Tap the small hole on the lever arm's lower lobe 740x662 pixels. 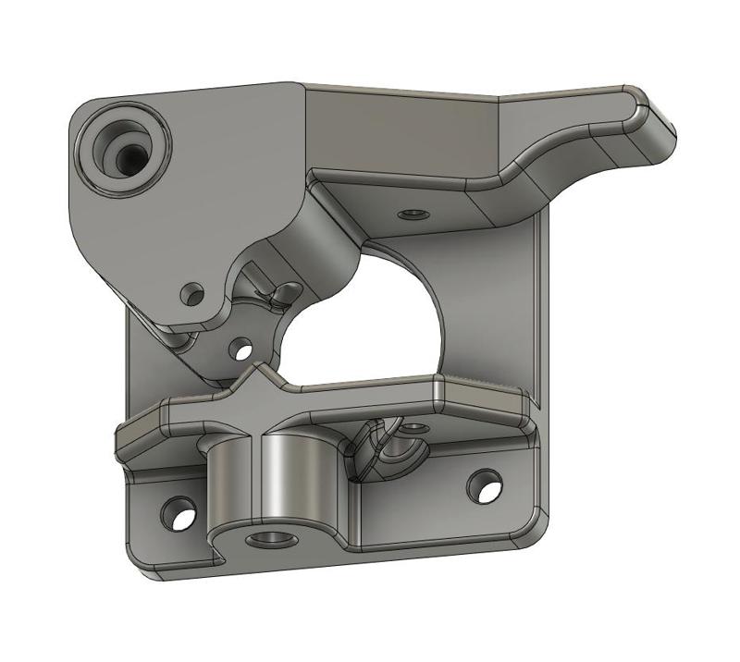(193, 295)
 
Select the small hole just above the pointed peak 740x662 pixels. (242, 349)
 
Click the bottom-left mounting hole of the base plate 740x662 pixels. (179, 512)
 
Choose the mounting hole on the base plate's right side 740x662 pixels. (485, 484)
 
